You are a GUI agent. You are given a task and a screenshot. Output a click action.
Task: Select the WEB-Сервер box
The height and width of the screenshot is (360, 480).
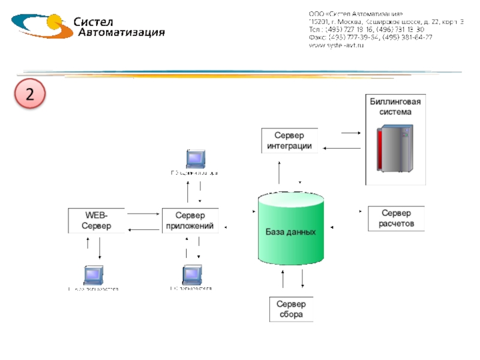tap(97, 221)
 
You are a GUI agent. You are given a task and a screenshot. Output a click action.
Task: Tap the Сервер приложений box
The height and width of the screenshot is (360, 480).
tap(190, 221)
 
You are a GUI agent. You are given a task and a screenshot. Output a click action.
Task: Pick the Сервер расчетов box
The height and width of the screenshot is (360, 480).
tap(396, 219)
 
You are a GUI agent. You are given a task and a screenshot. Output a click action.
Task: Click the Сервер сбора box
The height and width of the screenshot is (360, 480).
tap(291, 310)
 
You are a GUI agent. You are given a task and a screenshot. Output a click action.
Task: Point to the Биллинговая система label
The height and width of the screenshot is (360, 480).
tap(395, 107)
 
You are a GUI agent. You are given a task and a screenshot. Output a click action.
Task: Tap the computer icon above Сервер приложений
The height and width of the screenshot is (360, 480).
tap(196, 158)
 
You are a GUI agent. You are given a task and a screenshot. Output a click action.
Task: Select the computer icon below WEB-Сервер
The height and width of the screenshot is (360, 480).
tap(94, 274)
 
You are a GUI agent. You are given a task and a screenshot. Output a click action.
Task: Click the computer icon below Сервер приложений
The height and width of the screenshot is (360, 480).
tap(192, 274)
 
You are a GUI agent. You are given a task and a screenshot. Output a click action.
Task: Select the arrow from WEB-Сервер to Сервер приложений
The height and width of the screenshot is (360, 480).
tap(143, 213)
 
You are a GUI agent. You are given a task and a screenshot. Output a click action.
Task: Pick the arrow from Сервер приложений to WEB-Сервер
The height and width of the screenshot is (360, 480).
tap(143, 229)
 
